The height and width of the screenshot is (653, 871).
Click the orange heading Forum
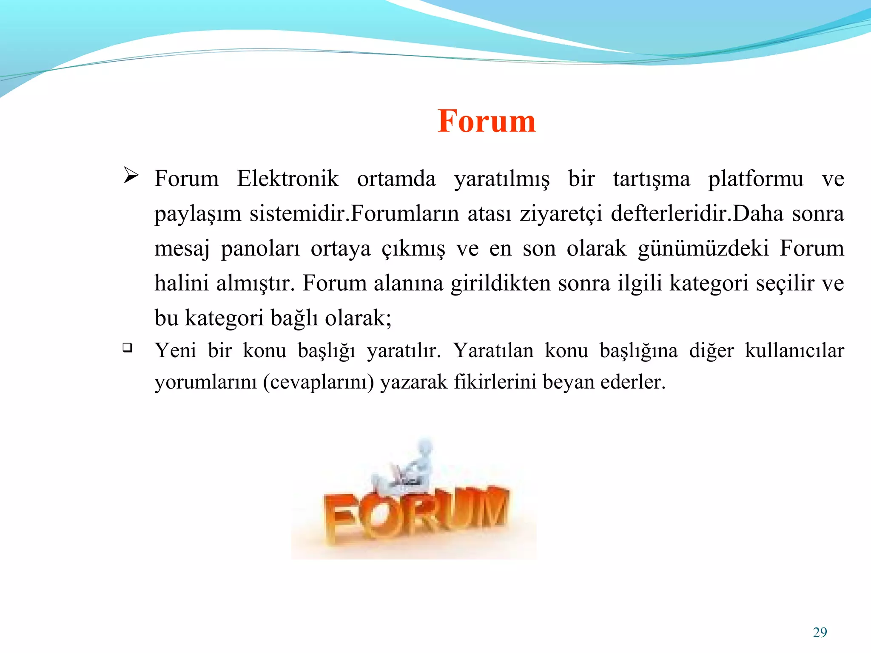click(x=487, y=121)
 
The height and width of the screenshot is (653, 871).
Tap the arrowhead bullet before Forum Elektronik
click(x=131, y=175)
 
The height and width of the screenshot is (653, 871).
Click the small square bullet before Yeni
click(x=127, y=348)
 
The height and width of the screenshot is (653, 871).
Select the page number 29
click(x=820, y=633)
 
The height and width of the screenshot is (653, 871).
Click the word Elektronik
click(x=287, y=179)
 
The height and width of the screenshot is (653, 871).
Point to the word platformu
click(x=755, y=179)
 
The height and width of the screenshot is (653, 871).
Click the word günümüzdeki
click(x=703, y=248)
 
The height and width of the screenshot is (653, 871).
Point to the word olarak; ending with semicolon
click(x=358, y=318)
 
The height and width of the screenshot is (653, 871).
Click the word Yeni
click(x=175, y=351)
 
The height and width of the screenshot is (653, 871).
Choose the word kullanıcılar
click(x=794, y=351)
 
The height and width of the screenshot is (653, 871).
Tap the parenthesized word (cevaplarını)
click(x=318, y=382)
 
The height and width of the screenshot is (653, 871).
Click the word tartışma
click(x=651, y=179)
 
